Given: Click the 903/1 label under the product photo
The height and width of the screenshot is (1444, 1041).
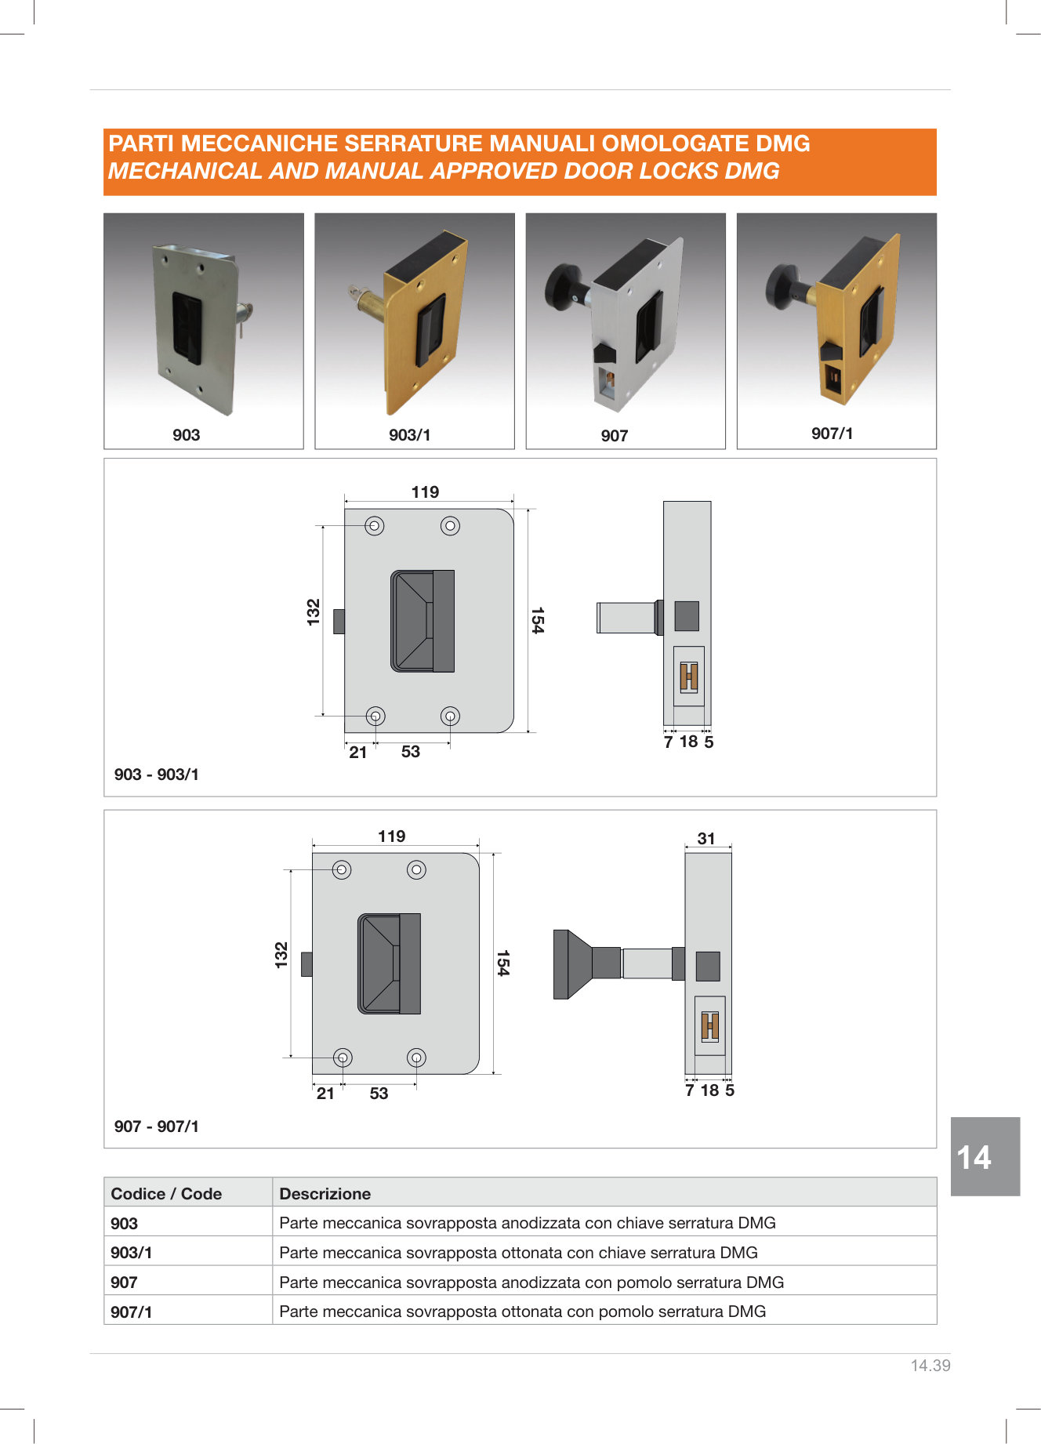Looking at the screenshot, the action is click(x=409, y=435).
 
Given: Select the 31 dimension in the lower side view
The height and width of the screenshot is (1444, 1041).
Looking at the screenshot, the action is click(x=706, y=839).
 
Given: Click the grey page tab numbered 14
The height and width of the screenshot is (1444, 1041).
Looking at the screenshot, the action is click(x=985, y=1156).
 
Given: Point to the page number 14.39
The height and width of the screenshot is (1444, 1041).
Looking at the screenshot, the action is click(x=930, y=1366).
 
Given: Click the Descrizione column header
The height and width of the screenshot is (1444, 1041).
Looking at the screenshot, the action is click(x=325, y=1194).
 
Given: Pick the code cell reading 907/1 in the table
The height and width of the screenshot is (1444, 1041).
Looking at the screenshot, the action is click(x=132, y=1312).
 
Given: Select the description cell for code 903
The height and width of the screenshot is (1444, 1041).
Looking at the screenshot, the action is click(x=528, y=1223).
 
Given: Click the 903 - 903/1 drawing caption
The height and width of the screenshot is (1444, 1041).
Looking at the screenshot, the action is click(x=157, y=775).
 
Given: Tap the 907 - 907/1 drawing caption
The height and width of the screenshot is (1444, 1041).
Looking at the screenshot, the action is click(x=157, y=1127).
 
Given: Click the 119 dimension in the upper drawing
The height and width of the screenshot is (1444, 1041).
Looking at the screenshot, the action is click(x=426, y=492).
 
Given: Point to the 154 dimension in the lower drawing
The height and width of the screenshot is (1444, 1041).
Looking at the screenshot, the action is click(x=503, y=963).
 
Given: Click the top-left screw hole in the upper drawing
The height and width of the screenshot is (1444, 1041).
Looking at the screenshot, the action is click(x=375, y=526).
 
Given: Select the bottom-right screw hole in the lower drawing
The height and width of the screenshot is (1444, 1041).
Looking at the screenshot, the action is click(x=416, y=1058).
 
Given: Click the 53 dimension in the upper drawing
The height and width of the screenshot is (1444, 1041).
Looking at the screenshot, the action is click(x=411, y=752).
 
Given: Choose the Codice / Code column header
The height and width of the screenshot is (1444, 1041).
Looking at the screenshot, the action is click(x=166, y=1194).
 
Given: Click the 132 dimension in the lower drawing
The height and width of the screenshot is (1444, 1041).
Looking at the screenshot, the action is click(x=281, y=955).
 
